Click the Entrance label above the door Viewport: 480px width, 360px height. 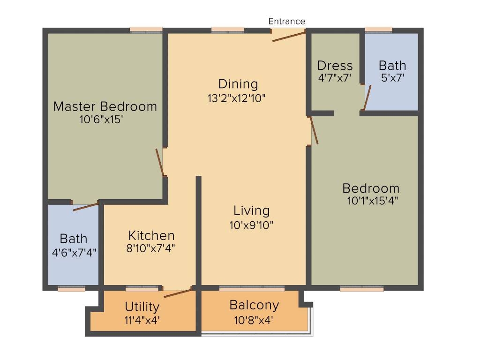(x=286, y=21)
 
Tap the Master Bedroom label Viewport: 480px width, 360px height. (x=105, y=106)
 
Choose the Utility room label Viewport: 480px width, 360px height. (x=142, y=307)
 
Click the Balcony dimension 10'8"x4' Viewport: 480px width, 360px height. (x=254, y=321)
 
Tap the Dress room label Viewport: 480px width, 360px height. (x=335, y=65)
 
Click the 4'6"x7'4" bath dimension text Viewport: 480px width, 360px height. (x=74, y=252)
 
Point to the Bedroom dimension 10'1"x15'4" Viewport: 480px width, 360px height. (x=372, y=201)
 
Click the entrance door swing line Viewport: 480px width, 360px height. (x=289, y=37)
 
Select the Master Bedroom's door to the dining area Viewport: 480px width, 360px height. (x=160, y=163)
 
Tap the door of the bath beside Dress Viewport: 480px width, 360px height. (x=367, y=97)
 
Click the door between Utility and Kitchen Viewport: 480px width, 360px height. (x=178, y=293)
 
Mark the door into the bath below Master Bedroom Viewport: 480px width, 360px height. (x=86, y=207)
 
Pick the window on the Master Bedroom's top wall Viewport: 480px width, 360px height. (x=146, y=30)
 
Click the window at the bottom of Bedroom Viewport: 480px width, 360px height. (x=361, y=289)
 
